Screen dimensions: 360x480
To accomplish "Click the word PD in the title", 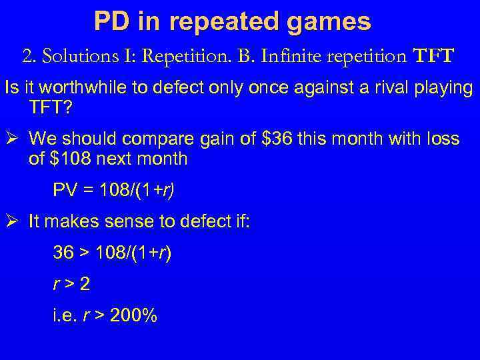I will click(x=111, y=21).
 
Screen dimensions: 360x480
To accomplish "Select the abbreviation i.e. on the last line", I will click(x=65, y=315).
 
